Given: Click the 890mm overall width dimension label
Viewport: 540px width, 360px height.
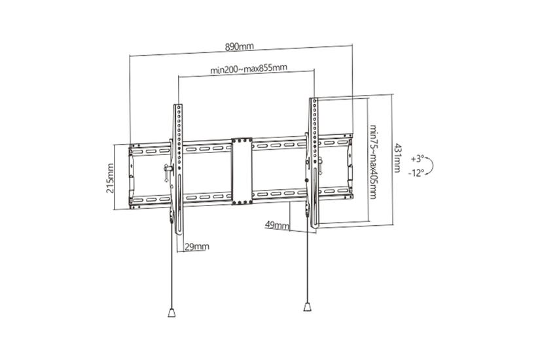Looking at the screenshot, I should (239, 46).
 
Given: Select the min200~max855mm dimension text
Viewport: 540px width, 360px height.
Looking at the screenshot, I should (249, 67).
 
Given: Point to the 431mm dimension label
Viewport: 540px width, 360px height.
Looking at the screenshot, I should (397, 159).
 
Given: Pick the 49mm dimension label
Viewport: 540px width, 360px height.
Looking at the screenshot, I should (278, 226).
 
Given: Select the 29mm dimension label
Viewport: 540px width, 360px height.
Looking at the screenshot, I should (197, 246).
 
